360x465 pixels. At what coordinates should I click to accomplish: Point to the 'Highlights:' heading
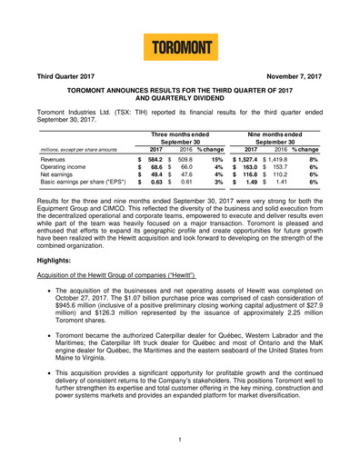point(44,284)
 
